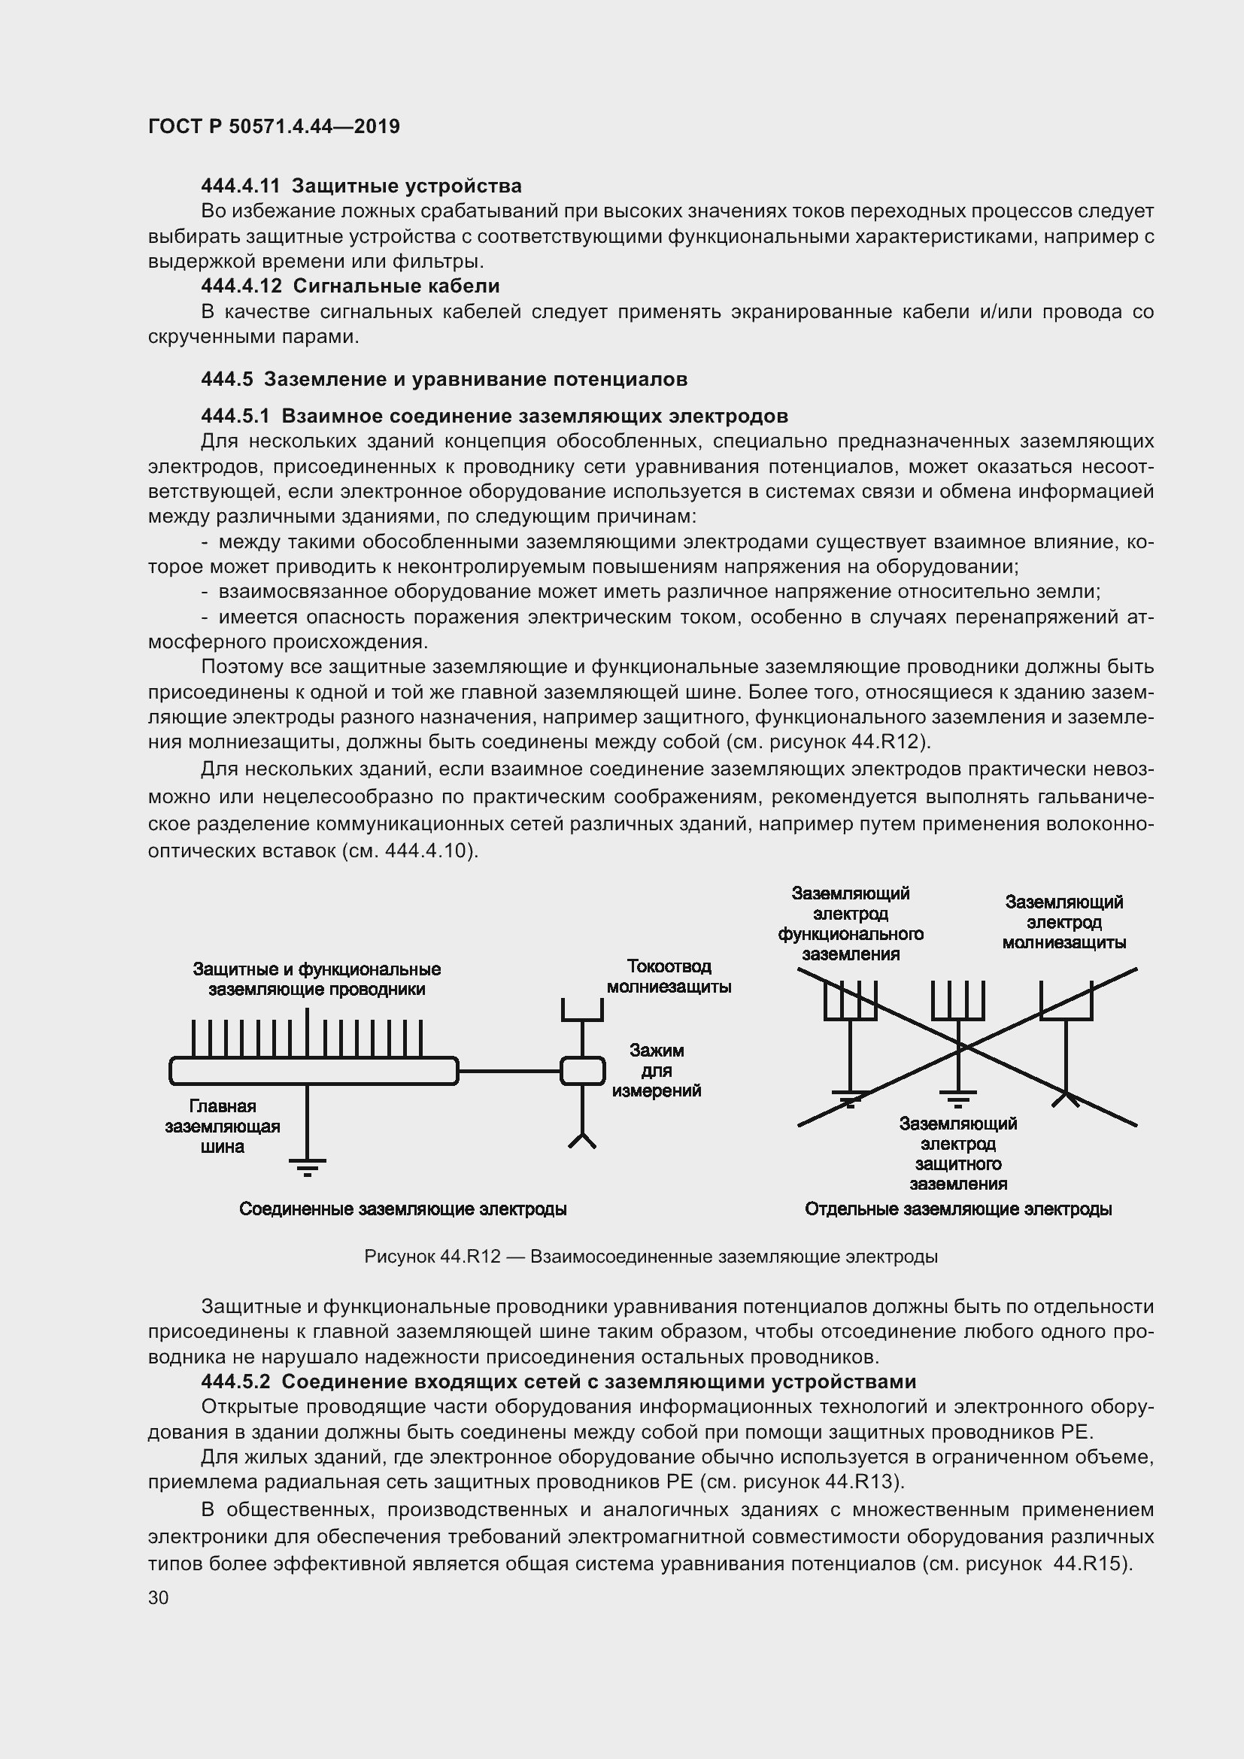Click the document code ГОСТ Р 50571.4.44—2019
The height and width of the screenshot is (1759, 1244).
pos(274,126)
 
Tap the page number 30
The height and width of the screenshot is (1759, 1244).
pos(159,1597)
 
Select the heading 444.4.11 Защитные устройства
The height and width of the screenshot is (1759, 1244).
pos(361,187)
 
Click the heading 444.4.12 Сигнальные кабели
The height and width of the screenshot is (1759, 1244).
pos(350,287)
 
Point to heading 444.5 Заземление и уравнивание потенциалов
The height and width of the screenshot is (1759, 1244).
pos(444,379)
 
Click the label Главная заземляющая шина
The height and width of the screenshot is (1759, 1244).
pos(222,1127)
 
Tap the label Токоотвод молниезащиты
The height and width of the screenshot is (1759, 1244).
pos(669,976)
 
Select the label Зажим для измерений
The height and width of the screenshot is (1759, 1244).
pos(657,1070)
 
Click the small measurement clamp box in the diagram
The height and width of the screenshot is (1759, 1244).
pos(582,1071)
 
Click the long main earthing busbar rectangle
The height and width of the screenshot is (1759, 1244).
pos(314,1071)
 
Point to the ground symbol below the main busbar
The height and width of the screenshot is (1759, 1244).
pos(307,1166)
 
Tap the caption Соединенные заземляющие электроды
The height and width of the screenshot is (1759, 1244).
pos(403,1209)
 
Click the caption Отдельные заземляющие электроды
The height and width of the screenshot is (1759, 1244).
pos(957,1209)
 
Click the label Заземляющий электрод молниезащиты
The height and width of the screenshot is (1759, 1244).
pos(1063,923)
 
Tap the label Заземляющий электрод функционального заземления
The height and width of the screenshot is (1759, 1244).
pos(851,924)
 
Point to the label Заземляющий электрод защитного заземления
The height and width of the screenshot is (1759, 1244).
pos(957,1154)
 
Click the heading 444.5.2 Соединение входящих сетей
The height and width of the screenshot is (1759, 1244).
pos(557,1381)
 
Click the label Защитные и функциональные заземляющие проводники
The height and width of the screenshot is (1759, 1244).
pos(317,979)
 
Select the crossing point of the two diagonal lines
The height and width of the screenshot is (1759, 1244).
pos(964,1048)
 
